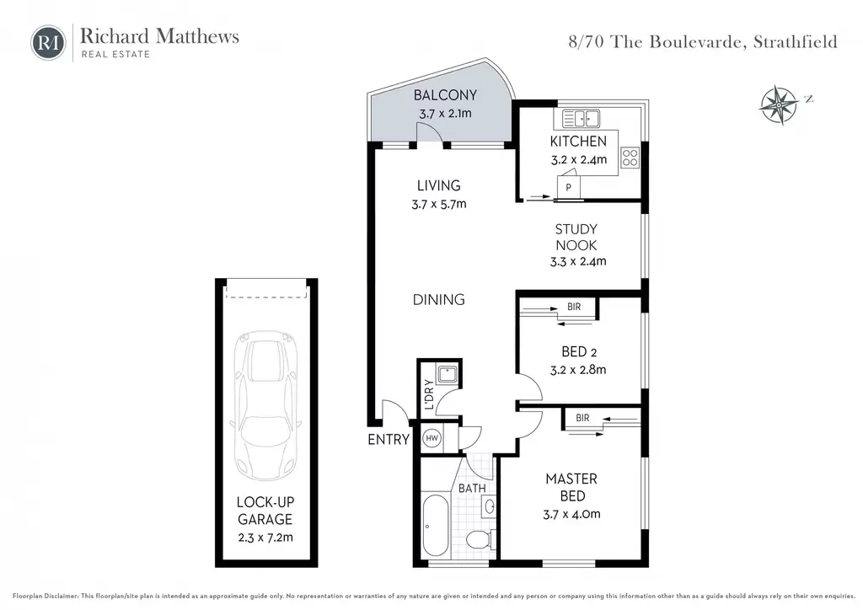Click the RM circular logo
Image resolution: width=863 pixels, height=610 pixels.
click(x=48, y=42)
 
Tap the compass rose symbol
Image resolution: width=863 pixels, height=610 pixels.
click(x=780, y=104)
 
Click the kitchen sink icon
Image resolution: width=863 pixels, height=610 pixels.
click(x=581, y=119)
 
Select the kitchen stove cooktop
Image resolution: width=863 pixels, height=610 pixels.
click(x=630, y=158)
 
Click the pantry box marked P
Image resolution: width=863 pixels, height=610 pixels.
click(x=569, y=186)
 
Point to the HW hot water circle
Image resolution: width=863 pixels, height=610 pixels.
click(x=432, y=438)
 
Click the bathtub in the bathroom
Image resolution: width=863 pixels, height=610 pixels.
click(x=436, y=525)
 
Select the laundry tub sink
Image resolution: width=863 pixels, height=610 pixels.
click(x=447, y=375)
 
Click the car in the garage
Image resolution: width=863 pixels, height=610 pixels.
click(x=265, y=405)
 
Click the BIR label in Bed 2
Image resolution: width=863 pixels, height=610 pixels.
click(x=574, y=307)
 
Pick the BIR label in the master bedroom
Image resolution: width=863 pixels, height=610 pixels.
click(x=583, y=418)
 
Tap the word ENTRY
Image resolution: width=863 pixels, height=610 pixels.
click(x=389, y=440)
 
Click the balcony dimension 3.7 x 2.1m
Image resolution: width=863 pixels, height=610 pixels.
click(x=445, y=114)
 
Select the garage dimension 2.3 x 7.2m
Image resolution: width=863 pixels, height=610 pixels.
click(x=265, y=538)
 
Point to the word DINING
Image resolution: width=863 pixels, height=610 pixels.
click(x=438, y=300)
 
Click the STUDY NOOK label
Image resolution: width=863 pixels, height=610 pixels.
click(x=576, y=237)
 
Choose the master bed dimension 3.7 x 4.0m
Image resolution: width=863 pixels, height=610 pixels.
click(x=572, y=514)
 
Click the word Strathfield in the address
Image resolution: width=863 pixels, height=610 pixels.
click(x=796, y=42)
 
